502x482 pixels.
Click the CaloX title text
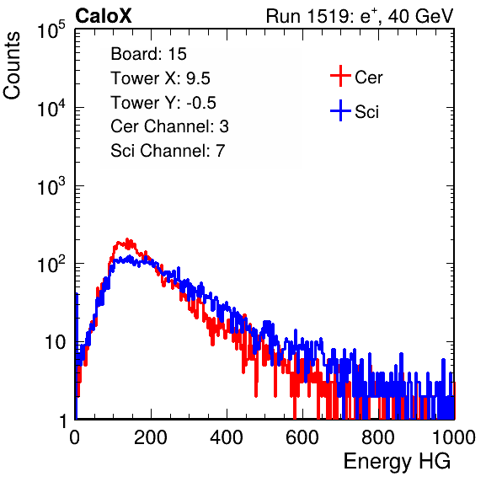(104, 16)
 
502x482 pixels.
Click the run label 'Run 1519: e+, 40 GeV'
(360, 16)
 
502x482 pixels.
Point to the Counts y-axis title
(12, 66)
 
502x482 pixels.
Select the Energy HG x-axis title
(397, 462)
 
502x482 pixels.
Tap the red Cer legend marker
(340, 76)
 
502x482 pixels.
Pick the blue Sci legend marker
(340, 110)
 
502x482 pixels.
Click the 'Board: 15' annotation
(148, 54)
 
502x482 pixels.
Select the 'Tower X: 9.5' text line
(160, 78)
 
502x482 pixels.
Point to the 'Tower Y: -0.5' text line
(163, 103)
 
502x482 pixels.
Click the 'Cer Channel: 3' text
(169, 126)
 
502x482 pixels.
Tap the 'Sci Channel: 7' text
(168, 151)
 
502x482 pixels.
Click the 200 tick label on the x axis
(151, 437)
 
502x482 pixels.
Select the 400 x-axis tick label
(227, 437)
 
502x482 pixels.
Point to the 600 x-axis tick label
(302, 437)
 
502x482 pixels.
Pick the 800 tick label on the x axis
(378, 437)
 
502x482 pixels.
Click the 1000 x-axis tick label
(454, 437)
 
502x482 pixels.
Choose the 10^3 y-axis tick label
(51, 186)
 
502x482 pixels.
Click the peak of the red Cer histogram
(127, 239)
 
